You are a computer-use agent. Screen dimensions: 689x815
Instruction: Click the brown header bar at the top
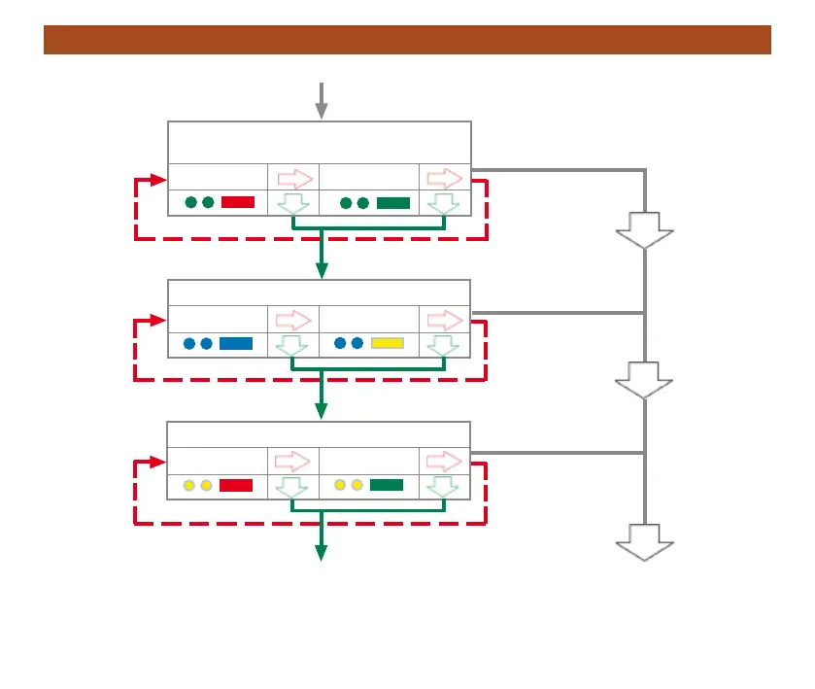click(407, 40)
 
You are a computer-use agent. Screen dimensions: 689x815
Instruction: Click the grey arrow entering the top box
click(322, 101)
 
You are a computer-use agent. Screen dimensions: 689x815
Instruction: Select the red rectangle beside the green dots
click(238, 202)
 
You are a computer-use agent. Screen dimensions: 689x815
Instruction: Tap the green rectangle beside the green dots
click(393, 202)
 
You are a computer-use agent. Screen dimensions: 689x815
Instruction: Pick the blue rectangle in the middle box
click(236, 343)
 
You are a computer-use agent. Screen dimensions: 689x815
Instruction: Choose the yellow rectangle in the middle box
click(388, 343)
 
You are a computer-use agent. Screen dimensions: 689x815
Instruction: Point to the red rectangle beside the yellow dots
click(236, 485)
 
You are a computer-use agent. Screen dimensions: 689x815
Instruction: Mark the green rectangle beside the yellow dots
click(387, 485)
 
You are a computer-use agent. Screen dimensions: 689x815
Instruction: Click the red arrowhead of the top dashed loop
click(159, 180)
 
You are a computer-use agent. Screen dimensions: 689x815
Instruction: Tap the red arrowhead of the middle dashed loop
click(159, 321)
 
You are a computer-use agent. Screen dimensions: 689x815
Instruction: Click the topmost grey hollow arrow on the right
click(644, 230)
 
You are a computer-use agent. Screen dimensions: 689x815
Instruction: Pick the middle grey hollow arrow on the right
click(644, 380)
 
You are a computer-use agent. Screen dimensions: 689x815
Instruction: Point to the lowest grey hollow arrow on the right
click(644, 541)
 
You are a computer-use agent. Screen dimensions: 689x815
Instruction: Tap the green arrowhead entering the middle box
click(322, 270)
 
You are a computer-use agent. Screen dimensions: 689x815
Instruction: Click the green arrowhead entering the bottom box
click(322, 412)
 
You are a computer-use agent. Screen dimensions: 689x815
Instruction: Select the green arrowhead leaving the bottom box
click(322, 552)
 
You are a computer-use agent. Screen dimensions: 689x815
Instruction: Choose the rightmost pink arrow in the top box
click(445, 179)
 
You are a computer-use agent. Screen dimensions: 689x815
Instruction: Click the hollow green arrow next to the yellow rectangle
click(444, 345)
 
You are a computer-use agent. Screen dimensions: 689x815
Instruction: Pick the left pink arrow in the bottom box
click(294, 461)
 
